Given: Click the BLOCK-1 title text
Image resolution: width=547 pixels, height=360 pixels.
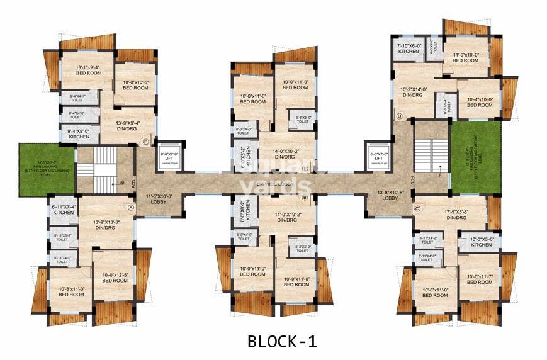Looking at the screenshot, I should click(281, 341).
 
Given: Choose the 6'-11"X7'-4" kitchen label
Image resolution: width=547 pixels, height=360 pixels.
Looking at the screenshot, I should click(64, 210).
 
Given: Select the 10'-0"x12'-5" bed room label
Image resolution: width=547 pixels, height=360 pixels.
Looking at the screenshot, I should click(115, 277).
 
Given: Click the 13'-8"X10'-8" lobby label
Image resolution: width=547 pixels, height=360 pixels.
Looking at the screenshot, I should click(389, 194).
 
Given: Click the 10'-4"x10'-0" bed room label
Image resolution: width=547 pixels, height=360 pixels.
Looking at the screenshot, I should click(479, 103).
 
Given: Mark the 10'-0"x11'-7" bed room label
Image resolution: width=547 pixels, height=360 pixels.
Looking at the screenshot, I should click(479, 278).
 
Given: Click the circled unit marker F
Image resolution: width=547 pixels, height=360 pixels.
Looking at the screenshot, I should click(146, 142).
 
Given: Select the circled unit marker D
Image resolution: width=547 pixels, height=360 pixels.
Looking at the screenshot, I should click(398, 116).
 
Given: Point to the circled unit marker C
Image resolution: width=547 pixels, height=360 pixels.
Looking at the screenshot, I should click(416, 208).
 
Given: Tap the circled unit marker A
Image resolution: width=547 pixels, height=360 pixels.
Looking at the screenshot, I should click(131, 206).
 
